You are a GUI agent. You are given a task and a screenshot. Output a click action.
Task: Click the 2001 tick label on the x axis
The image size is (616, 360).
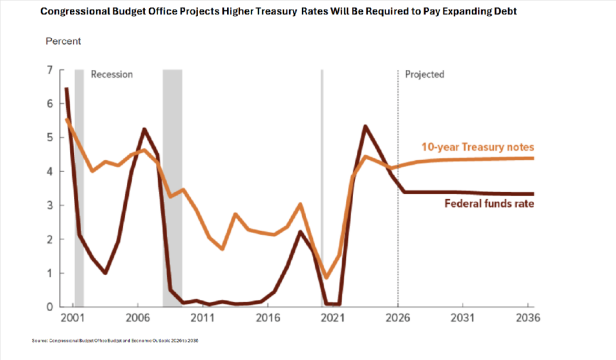72,318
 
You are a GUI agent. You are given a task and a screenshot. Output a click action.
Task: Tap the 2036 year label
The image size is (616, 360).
528,318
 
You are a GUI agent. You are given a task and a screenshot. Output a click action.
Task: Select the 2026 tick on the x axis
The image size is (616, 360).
397,318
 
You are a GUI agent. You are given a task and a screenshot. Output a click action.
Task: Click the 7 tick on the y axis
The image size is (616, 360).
49,70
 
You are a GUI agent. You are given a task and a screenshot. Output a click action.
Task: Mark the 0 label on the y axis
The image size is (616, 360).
49,307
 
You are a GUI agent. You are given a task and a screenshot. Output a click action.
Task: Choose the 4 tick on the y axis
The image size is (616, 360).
49,172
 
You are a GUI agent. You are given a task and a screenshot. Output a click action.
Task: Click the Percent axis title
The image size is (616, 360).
63,42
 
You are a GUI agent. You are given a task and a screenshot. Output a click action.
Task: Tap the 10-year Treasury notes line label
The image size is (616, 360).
486,147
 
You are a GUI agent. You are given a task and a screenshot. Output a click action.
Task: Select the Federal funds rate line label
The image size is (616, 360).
490,203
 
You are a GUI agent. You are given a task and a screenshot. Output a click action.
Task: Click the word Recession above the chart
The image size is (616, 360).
111,75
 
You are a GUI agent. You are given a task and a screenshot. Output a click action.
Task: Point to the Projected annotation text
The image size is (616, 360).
424,75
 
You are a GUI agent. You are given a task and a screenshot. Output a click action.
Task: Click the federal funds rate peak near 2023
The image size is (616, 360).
365,126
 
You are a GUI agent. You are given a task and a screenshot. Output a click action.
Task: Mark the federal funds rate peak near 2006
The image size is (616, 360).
144,129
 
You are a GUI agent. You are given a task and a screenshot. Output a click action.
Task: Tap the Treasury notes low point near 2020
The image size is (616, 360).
327,278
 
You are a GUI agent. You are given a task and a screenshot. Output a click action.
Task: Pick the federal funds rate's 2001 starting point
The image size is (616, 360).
66,89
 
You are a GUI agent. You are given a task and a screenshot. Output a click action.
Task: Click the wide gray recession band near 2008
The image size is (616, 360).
172,181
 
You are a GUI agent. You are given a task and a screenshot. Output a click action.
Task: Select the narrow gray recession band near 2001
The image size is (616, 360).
79,181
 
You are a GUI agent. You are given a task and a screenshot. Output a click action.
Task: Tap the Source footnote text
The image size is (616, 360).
115,341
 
